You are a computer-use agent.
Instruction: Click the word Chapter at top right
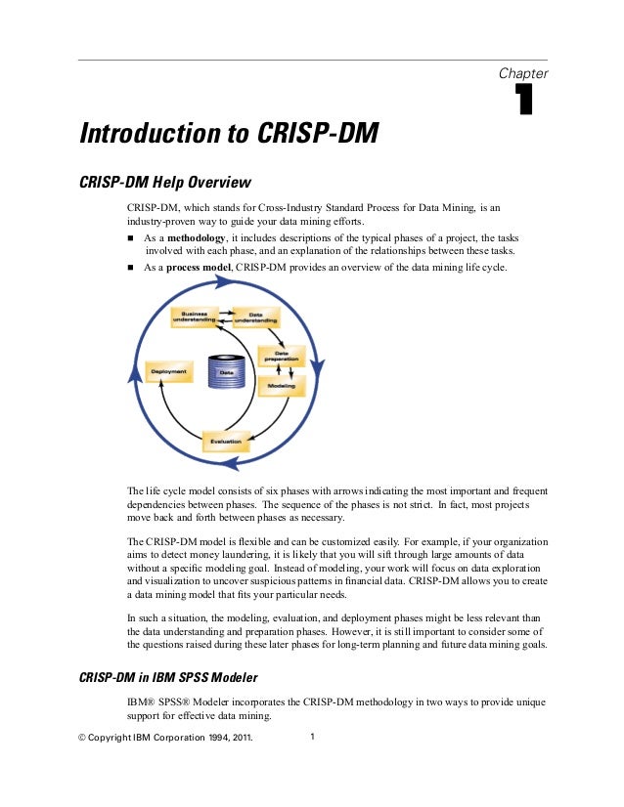coord(523,74)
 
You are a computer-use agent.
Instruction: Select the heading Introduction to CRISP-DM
coord(229,132)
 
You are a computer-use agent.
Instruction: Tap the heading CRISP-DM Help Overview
coord(165,183)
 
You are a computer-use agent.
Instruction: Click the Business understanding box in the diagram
coord(195,316)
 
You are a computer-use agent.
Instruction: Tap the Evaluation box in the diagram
coord(226,442)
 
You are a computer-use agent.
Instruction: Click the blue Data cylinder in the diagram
coord(226,370)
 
